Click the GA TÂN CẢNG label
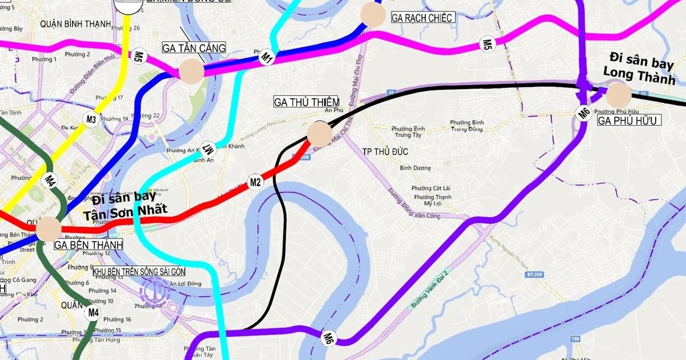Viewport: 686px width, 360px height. [x=194, y=48]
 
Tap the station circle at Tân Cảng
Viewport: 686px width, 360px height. [x=192, y=72]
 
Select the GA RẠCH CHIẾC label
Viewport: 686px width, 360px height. [x=422, y=18]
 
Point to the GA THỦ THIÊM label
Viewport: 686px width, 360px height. [x=306, y=102]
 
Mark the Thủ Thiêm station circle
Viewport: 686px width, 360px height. [x=320, y=134]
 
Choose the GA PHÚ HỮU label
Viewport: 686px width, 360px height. [x=629, y=121]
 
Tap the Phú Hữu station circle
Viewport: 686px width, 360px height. [x=618, y=95]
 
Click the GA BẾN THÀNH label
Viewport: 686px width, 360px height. [x=89, y=245]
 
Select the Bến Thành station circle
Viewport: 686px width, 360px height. [x=49, y=229]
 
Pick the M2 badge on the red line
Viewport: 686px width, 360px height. [x=255, y=182]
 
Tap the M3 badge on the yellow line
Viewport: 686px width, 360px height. [x=91, y=119]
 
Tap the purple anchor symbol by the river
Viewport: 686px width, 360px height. [x=154, y=291]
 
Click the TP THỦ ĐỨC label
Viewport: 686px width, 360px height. [x=389, y=151]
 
